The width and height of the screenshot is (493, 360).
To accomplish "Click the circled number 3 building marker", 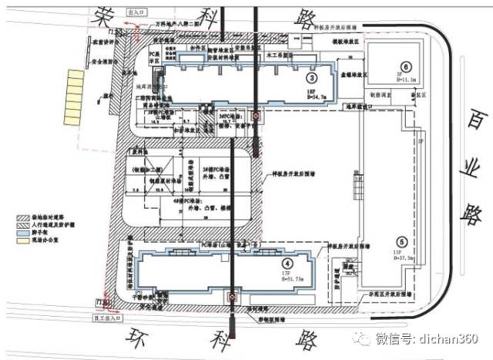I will click(311, 79).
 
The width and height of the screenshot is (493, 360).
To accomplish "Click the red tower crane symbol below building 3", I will click(257, 117).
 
